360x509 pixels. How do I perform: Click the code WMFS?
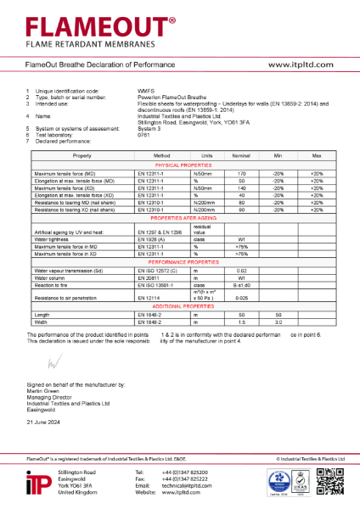coord(145,90)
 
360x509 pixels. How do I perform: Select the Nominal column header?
coord(241,157)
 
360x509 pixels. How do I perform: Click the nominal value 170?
coord(241,172)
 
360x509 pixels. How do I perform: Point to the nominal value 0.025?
coord(241,297)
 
